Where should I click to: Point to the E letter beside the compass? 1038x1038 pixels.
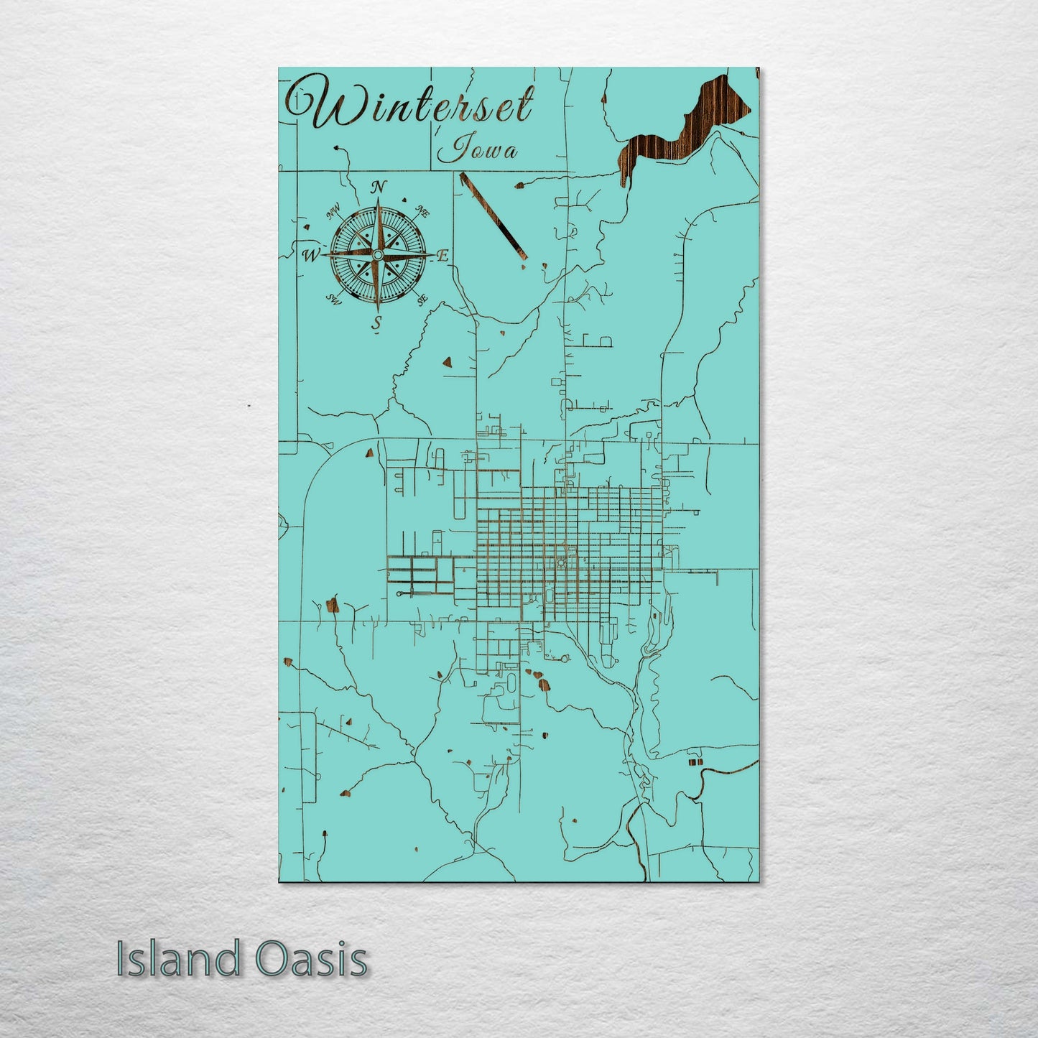442,255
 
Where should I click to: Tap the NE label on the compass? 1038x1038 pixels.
422,213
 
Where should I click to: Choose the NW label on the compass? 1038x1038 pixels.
333,213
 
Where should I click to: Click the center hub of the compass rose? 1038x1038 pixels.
377,255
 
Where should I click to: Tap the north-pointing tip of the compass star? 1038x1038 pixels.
377,205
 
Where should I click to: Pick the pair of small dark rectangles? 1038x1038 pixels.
695,761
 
